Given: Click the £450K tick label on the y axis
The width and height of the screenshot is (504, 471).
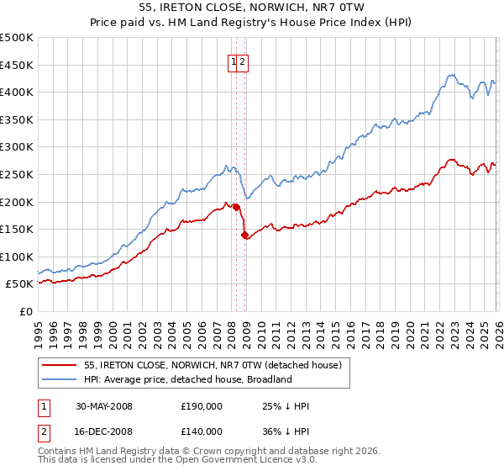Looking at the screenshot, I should (x=17, y=65).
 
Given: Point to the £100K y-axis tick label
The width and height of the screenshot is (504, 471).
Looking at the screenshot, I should (x=17, y=257).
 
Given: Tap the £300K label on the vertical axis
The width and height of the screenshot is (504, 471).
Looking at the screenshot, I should (x=17, y=147).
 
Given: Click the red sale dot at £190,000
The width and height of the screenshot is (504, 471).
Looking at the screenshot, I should (x=236, y=207).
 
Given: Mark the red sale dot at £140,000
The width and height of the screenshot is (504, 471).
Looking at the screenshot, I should (x=244, y=235).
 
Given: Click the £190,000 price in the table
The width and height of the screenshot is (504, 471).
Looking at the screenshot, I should (x=202, y=406).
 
